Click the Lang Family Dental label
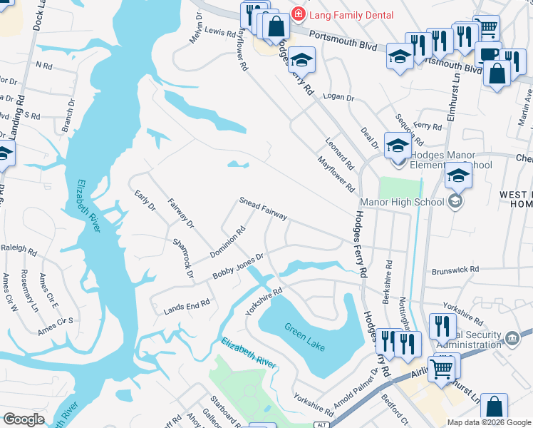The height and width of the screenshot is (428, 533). [x=345, y=14]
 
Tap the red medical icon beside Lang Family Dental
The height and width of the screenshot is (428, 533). [x=298, y=14]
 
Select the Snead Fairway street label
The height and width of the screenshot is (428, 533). [x=263, y=208]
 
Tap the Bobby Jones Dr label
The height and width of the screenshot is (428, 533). [x=239, y=267]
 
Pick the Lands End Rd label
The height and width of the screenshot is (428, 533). [x=187, y=303]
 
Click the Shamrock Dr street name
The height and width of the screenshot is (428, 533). [x=183, y=258]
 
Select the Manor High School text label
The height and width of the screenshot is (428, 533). [x=403, y=202]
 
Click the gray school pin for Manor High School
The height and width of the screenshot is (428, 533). [x=455, y=202]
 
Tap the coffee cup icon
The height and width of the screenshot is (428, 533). [x=489, y=55]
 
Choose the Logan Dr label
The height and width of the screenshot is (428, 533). [x=338, y=96]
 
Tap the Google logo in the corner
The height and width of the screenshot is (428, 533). [x=24, y=419]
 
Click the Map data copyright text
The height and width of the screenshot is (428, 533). [x=489, y=422]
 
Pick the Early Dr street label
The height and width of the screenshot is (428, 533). [x=145, y=200]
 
